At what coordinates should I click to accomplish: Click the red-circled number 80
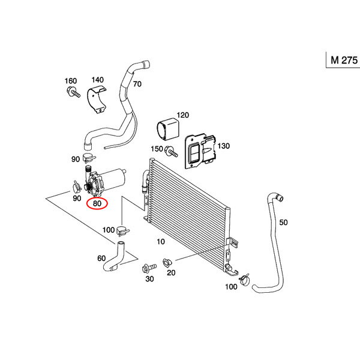[97, 203]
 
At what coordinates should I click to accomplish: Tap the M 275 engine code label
[344, 60]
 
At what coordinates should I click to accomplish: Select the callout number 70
[137, 84]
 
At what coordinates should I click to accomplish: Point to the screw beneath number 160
[73, 92]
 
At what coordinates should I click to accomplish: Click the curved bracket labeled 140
[97, 99]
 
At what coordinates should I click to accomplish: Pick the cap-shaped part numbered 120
[168, 129]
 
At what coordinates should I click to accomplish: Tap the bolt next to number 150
[172, 151]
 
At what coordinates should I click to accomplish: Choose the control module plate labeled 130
[200, 151]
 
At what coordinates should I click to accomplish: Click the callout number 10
[161, 242]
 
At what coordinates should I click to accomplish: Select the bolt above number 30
[149, 268]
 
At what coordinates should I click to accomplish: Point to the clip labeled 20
[167, 263]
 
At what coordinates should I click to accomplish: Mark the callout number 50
[283, 222]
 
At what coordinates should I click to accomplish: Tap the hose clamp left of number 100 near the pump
[123, 230]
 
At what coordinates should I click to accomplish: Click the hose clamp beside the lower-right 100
[244, 280]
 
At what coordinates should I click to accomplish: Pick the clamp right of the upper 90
[89, 157]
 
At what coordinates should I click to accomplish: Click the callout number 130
[223, 146]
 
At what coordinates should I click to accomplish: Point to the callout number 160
[71, 81]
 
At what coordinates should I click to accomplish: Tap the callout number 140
[98, 80]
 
